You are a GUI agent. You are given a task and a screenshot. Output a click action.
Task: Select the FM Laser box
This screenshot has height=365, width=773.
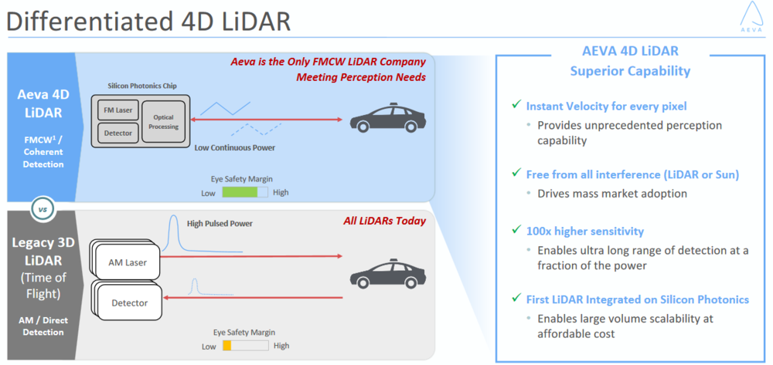coord(118,110)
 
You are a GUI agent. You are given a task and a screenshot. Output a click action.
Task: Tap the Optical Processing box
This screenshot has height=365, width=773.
coord(164,122)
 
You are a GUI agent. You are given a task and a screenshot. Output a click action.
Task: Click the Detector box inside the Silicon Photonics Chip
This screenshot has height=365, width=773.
coord(118,133)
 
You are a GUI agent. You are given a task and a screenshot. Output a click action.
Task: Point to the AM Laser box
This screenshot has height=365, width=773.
coord(128,262)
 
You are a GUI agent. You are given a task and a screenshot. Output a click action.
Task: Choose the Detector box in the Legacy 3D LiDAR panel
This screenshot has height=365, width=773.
coord(129,302)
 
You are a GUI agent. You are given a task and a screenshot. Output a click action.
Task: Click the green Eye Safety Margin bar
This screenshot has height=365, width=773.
coord(240,192)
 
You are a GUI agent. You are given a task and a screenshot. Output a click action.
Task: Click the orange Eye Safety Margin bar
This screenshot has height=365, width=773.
coord(227,346)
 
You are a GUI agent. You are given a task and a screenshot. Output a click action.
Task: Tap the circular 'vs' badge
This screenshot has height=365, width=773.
coord(42,208)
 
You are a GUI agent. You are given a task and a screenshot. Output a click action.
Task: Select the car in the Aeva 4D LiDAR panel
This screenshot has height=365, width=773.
coord(387,118)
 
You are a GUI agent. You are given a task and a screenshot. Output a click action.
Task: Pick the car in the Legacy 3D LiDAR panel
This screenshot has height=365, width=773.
coord(387,273)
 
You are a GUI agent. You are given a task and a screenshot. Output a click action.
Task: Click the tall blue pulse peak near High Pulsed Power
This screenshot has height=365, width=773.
coord(173,233)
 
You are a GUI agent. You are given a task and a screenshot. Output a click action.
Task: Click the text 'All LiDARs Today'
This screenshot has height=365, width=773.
coord(384,221)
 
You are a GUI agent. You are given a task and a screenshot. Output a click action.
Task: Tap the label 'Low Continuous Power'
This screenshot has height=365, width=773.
coord(234,147)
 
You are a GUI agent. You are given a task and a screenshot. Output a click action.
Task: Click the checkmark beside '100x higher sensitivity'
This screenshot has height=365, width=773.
coord(516,230)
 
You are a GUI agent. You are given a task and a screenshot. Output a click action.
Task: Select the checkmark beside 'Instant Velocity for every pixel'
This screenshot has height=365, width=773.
coord(516,105)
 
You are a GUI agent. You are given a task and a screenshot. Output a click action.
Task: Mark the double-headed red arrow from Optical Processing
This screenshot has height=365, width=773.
coord(266,119)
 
